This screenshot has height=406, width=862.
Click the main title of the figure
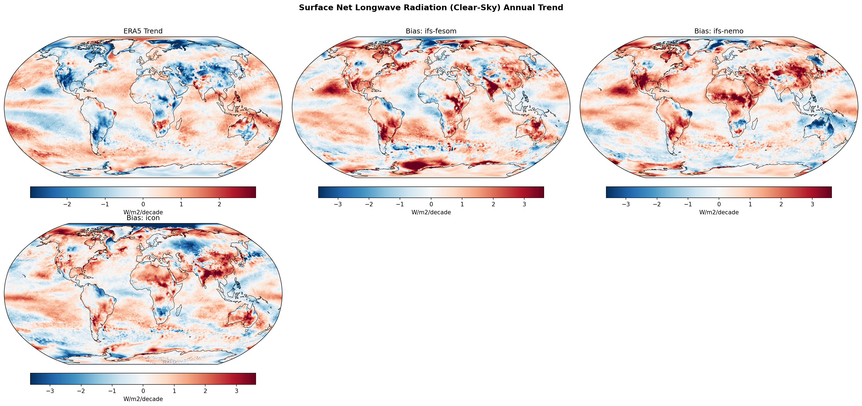[431, 8]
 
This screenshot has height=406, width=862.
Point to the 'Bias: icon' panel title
[143, 218]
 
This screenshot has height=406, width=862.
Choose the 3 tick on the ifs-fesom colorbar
[524, 204]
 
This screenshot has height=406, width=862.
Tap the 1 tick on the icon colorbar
[174, 391]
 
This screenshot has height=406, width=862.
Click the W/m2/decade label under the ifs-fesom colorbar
[431, 212]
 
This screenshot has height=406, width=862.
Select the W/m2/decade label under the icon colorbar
[143, 399]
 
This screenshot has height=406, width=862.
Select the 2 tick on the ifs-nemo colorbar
[781, 204]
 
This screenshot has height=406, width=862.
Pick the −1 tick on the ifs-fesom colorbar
[400, 204]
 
